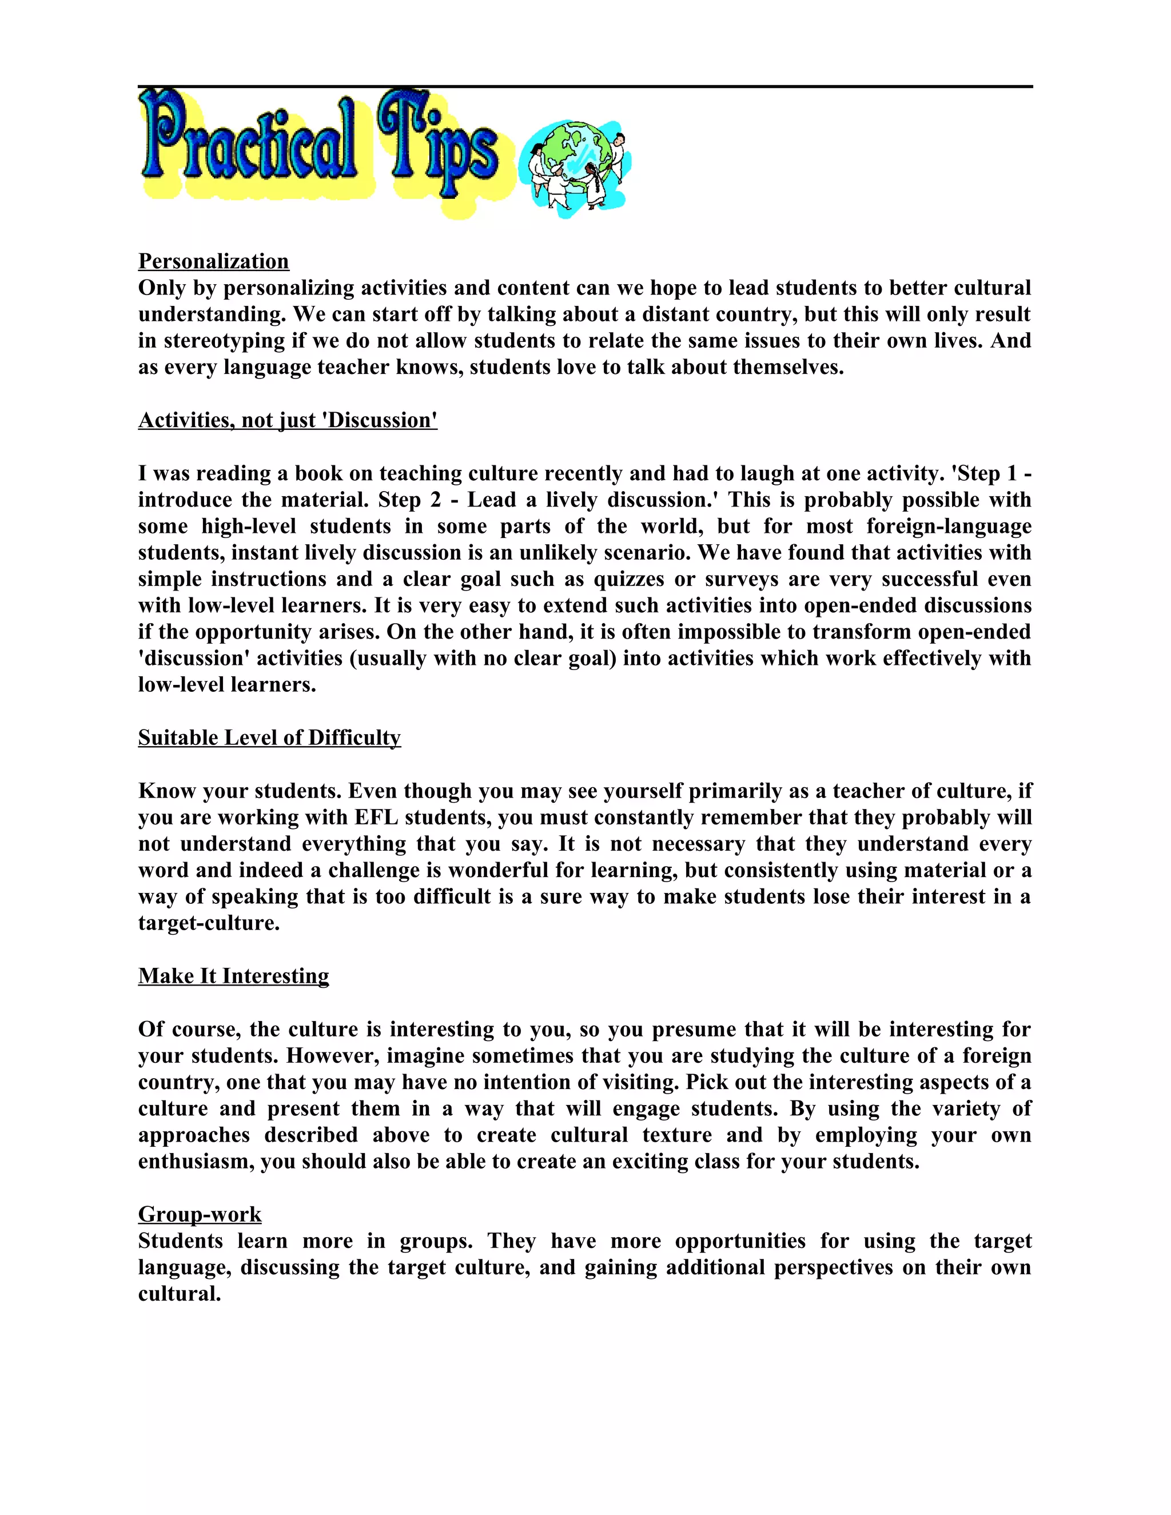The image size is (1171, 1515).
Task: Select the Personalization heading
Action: pos(214,261)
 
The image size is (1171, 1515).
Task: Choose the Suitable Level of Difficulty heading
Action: pos(269,737)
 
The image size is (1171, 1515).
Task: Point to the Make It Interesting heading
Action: pos(233,976)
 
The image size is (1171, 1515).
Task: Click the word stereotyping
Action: pos(224,341)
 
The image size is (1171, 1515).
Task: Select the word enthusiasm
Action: pos(196,1161)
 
